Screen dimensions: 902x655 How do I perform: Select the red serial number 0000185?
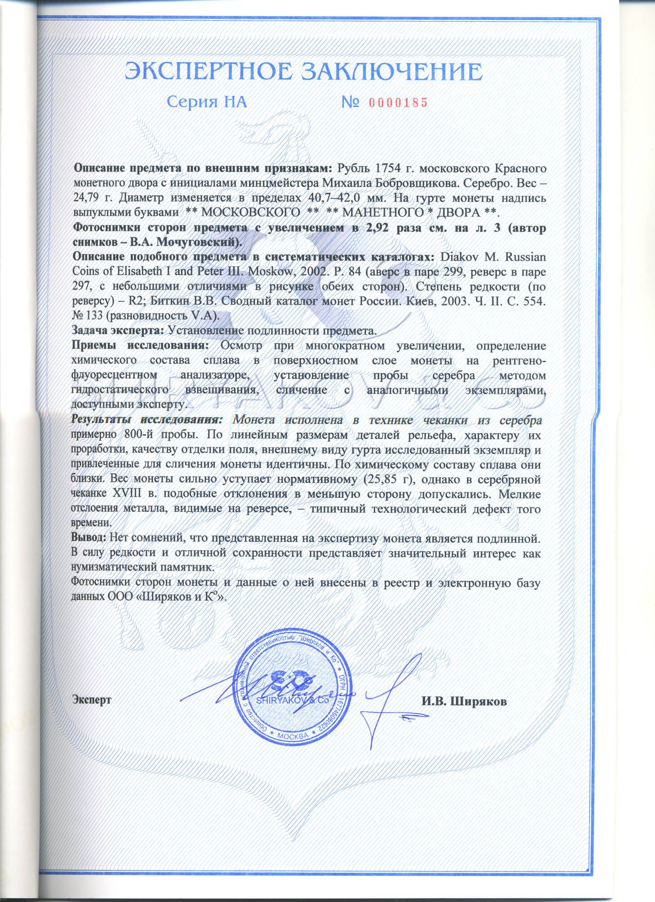(x=398, y=103)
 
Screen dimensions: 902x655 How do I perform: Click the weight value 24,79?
(x=89, y=198)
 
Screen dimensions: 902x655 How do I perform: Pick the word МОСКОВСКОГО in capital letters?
(x=250, y=212)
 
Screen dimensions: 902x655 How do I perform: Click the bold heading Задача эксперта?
(x=119, y=331)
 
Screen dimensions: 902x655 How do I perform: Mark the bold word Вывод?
(x=89, y=538)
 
